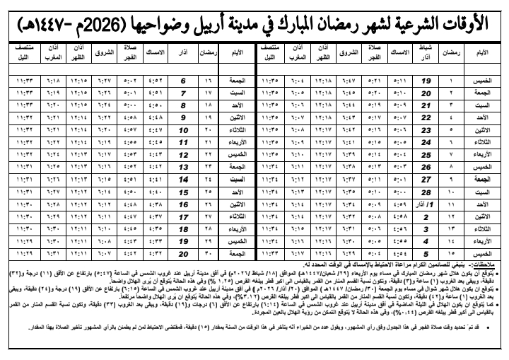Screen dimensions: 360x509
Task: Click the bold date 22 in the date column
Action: [x=426, y=117]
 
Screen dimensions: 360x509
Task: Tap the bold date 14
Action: [x=183, y=180]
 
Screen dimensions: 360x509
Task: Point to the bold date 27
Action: [x=426, y=180]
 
